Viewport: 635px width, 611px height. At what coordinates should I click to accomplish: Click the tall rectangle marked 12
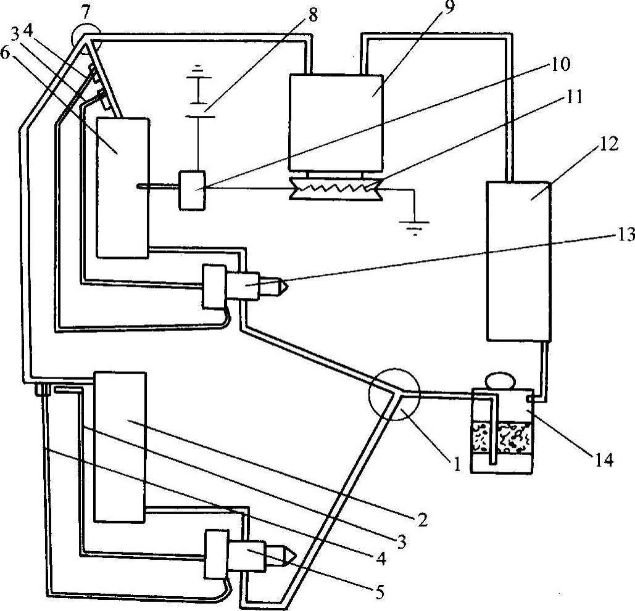[518, 260]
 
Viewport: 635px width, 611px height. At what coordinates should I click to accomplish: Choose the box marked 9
[336, 121]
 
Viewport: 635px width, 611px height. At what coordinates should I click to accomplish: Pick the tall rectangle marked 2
[120, 446]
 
